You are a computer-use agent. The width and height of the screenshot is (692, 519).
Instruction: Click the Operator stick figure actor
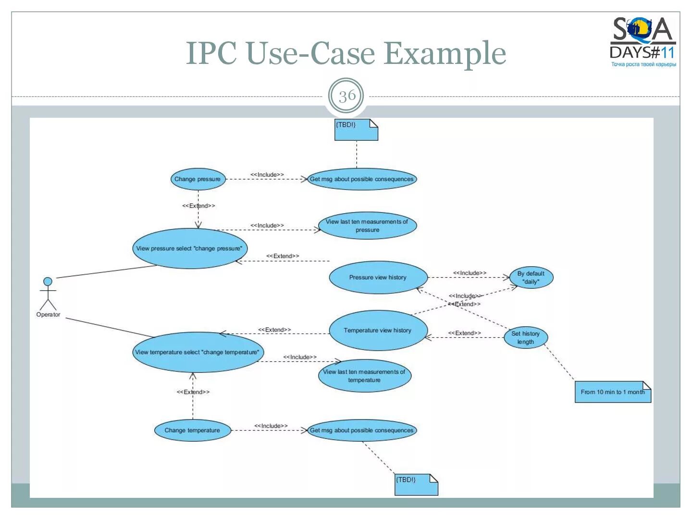coord(48,294)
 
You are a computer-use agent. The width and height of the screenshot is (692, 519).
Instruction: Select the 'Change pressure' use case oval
coord(198,179)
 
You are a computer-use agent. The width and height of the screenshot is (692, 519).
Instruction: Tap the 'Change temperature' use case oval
coord(192,430)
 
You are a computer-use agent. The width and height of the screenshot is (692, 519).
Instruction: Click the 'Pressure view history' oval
coord(378,277)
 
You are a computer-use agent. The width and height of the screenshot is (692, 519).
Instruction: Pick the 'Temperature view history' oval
coord(378,330)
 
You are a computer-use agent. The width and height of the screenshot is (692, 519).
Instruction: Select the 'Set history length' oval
coord(525,337)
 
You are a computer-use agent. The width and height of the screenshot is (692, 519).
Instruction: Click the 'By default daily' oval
coord(531,278)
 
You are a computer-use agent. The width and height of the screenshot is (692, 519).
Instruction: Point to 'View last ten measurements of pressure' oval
coord(367,226)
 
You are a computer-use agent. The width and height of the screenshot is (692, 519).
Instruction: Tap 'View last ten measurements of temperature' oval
coord(364,376)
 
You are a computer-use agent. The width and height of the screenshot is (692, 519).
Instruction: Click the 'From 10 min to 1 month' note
coord(612,392)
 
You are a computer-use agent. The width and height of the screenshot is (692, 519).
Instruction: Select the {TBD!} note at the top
coord(356,130)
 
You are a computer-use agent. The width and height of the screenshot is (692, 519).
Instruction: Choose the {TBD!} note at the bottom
coord(416,484)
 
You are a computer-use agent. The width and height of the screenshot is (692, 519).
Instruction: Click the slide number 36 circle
coord(347,96)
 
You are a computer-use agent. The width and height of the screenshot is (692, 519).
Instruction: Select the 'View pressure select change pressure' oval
coord(189,248)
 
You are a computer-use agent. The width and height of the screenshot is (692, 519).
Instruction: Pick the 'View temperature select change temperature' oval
coord(197,352)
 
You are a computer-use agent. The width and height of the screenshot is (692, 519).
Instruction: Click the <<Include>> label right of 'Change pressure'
coord(267,174)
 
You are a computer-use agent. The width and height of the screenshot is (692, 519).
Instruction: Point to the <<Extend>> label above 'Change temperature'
coord(193,392)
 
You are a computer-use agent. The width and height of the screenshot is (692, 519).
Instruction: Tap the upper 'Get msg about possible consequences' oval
coord(361,179)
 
